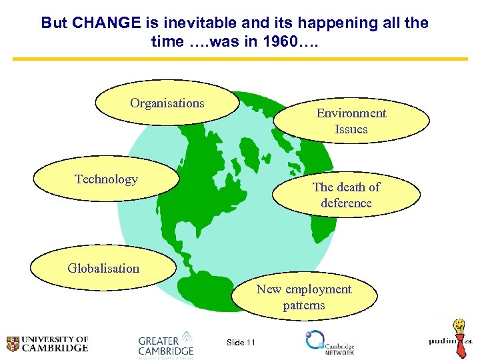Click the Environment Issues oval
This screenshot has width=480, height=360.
(x=351, y=121)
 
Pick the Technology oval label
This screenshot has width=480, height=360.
(x=106, y=179)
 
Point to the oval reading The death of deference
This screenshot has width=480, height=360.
(x=346, y=195)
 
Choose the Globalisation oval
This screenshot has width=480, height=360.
(x=103, y=269)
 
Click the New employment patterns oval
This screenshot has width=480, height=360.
(x=303, y=297)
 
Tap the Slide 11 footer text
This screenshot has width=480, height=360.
(x=241, y=343)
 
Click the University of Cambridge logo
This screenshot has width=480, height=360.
(x=47, y=343)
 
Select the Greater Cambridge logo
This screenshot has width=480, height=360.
(x=166, y=344)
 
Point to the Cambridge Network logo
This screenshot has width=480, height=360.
(x=330, y=342)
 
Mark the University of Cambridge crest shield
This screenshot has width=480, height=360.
(x=13, y=343)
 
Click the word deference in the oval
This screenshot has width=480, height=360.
(x=346, y=203)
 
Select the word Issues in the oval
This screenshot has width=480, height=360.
(x=351, y=129)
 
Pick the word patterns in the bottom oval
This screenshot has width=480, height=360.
(x=303, y=305)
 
